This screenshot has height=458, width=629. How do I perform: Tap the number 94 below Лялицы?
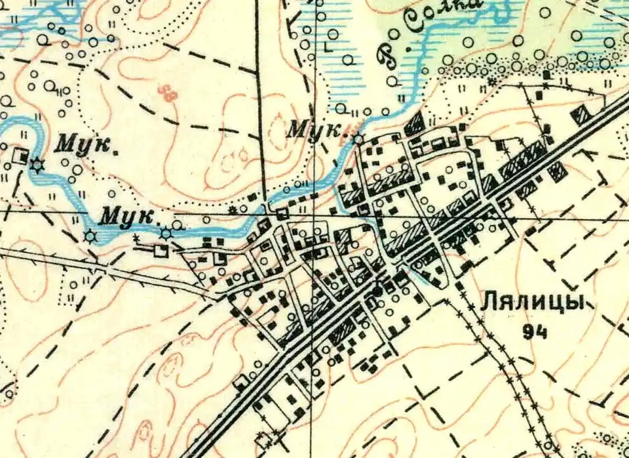click(x=535, y=332)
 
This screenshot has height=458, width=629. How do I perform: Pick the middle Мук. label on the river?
click(x=129, y=216)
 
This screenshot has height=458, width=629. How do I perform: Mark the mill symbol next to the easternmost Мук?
click(x=358, y=139)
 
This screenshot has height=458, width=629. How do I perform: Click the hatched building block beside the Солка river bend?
click(x=414, y=123)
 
